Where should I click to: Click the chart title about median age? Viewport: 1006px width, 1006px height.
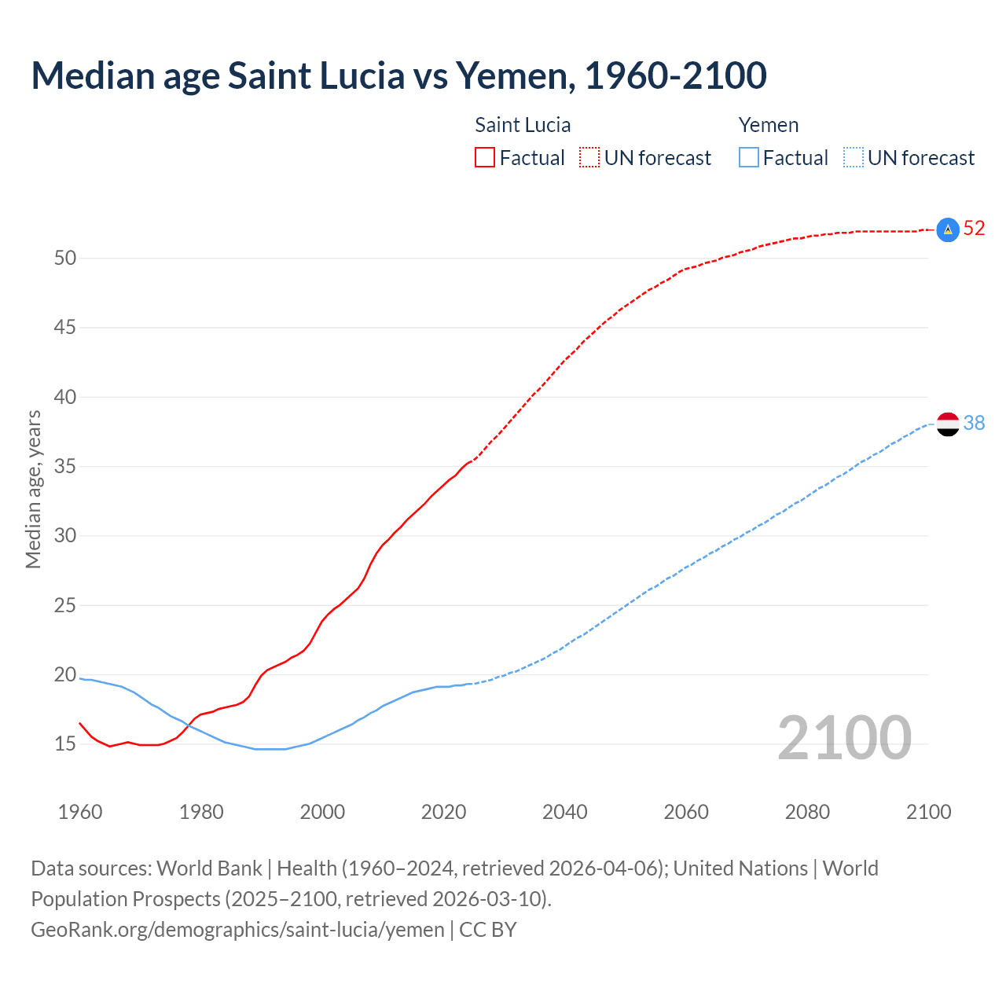[398, 75]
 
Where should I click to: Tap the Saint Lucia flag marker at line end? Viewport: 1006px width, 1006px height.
[948, 229]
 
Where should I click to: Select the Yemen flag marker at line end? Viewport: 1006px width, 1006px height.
[948, 424]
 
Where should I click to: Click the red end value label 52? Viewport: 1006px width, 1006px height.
[974, 229]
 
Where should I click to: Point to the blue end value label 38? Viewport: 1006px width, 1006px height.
[974, 424]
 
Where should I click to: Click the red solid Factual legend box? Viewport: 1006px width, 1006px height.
[485, 158]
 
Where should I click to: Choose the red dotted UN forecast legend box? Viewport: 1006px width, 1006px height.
[589, 158]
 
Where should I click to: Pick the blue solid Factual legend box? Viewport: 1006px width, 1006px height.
[748, 158]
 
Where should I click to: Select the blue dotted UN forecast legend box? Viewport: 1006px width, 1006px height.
[853, 158]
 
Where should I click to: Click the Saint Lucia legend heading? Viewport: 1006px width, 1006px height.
[523, 126]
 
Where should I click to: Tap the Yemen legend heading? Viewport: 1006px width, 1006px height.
[768, 126]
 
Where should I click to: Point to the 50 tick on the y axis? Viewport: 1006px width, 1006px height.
[65, 259]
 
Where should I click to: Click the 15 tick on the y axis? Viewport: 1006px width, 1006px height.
[65, 744]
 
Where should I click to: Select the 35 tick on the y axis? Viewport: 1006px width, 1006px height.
[65, 467]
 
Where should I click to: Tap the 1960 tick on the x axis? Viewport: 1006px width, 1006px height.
[80, 812]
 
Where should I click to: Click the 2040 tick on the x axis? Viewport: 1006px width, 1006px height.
[565, 812]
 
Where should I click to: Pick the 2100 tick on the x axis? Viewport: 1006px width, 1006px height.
[928, 812]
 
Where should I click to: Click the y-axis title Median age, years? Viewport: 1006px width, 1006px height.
[33, 489]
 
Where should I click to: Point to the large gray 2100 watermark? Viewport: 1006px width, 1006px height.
[844, 738]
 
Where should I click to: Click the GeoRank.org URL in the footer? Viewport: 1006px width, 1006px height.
[237, 930]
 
